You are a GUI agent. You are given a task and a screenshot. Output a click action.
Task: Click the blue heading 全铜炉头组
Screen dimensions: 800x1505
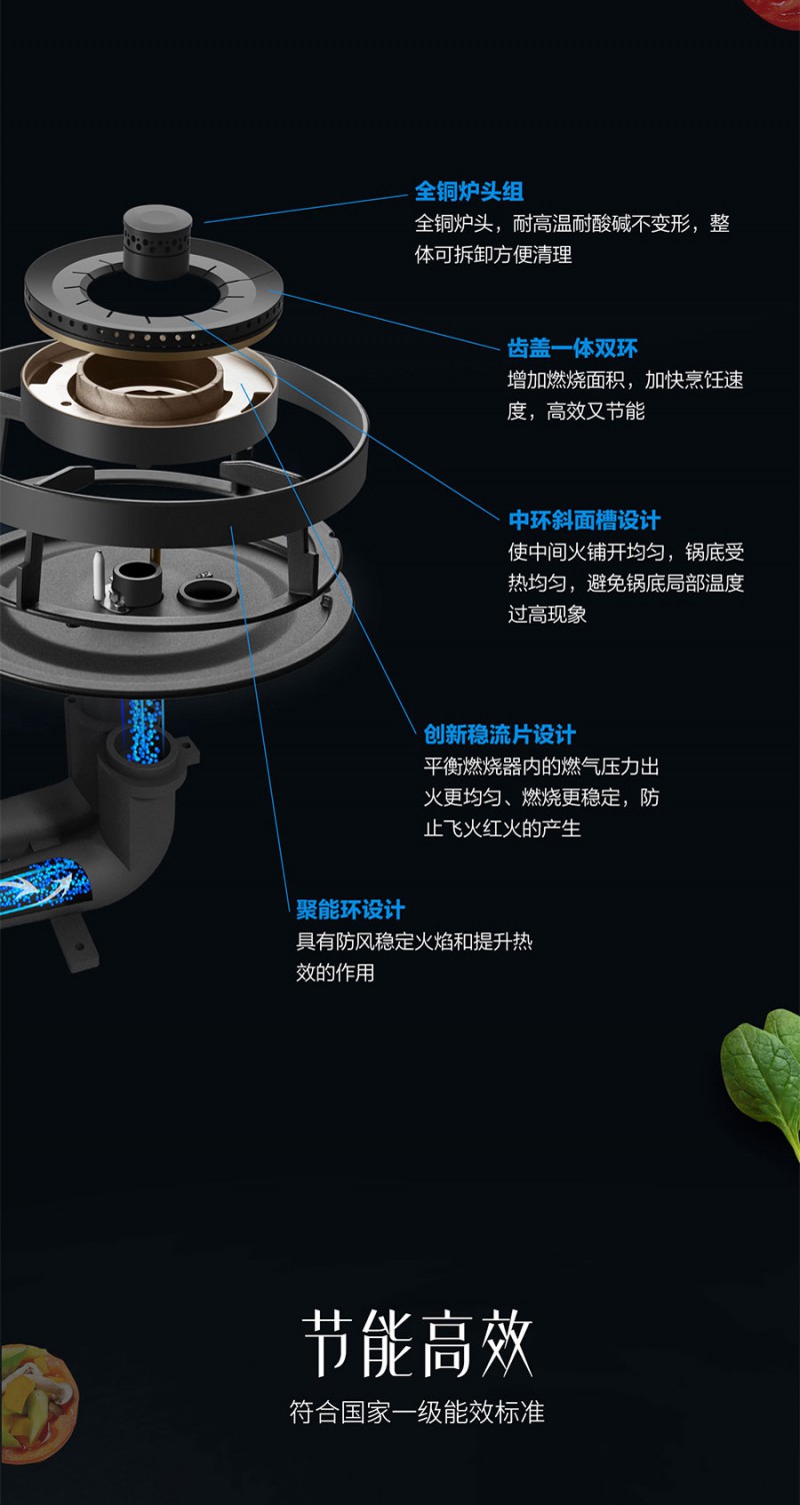click(x=469, y=192)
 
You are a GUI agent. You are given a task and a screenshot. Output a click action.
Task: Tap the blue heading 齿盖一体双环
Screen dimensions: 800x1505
click(x=572, y=348)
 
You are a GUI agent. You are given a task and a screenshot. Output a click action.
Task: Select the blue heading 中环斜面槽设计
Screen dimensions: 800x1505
click(x=584, y=520)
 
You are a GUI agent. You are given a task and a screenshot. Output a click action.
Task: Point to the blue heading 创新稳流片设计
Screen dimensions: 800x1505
click(x=499, y=735)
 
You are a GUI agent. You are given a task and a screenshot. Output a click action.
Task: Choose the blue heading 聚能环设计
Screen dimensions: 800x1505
click(x=350, y=909)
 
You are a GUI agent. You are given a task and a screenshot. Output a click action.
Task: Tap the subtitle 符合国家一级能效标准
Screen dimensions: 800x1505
click(x=417, y=1412)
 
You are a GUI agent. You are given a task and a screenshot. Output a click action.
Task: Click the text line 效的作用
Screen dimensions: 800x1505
click(x=335, y=972)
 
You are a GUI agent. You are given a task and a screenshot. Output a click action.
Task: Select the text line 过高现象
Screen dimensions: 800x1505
click(x=547, y=614)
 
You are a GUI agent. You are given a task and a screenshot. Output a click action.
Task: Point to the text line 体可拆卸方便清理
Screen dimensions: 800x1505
click(x=493, y=254)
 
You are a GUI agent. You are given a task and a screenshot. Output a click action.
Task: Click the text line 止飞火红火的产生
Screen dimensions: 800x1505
click(x=502, y=827)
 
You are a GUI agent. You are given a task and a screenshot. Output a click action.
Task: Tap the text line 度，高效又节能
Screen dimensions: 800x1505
click(x=575, y=411)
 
